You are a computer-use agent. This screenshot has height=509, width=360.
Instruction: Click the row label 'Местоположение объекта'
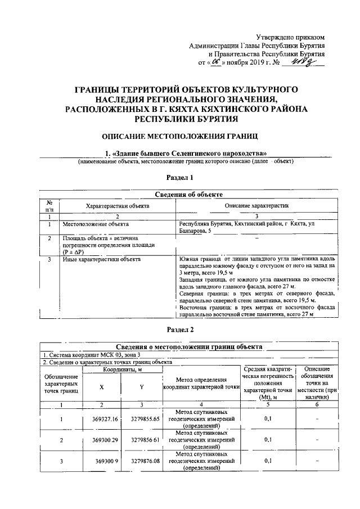click(96, 224)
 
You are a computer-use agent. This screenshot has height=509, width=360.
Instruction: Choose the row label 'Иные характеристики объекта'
click(102, 259)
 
